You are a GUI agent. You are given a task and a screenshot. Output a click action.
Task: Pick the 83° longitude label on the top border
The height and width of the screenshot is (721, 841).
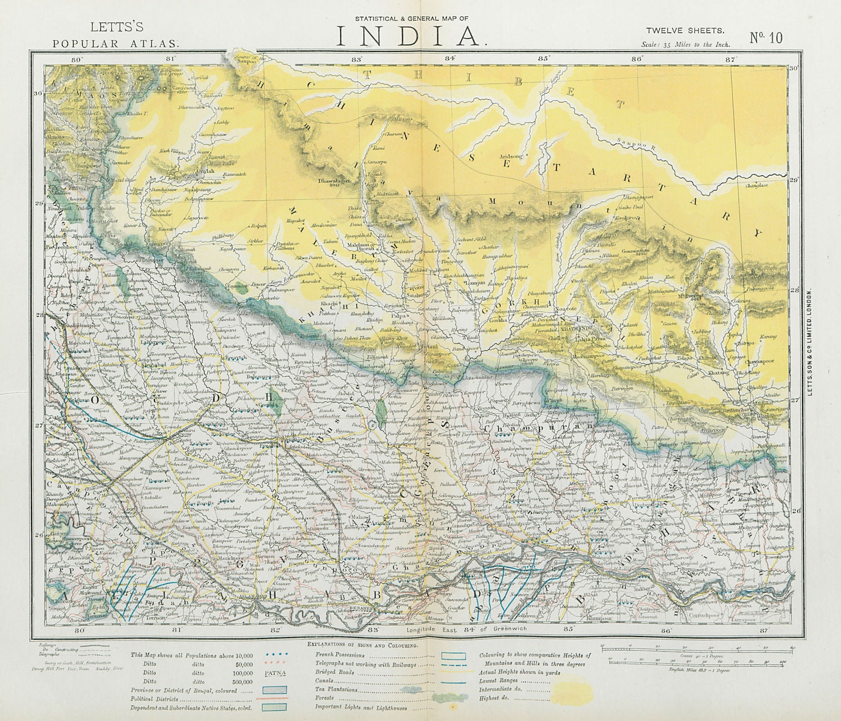[358, 59]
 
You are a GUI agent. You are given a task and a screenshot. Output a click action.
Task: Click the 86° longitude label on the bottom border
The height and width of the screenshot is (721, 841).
[666, 629]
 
